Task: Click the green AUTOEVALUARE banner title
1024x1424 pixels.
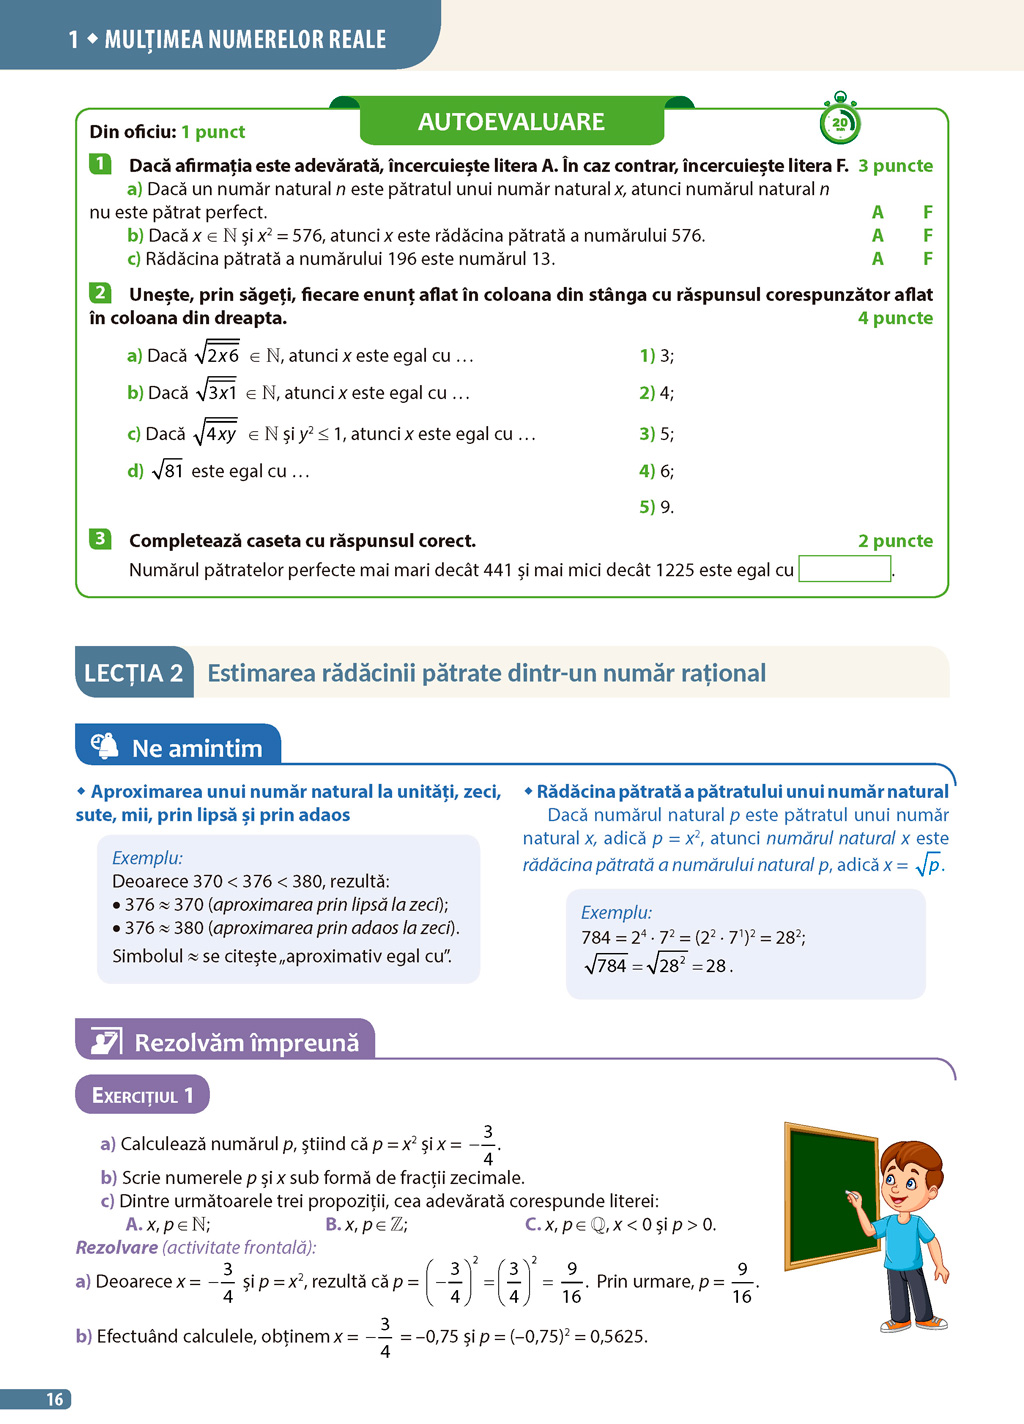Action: pos(511,122)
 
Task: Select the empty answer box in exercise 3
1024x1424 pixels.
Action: pos(845,569)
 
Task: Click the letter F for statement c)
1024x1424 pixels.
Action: pos(928,259)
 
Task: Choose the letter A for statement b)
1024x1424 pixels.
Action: pos(877,236)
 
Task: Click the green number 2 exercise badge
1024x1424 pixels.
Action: pos(100,293)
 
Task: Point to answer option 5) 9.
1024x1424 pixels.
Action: pos(656,507)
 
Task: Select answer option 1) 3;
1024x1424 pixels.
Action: pos(656,356)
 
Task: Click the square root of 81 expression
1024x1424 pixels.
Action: pos(168,470)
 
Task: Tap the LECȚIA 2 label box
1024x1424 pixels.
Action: pos(134,673)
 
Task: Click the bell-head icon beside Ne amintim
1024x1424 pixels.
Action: pos(105,746)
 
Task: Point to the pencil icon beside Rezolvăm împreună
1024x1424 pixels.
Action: pos(106,1042)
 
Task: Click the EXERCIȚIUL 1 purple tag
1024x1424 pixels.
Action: pos(142,1095)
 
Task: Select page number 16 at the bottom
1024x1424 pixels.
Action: pos(55,1399)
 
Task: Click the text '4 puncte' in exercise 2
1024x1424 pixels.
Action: pos(895,318)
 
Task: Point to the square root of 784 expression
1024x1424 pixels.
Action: pos(606,965)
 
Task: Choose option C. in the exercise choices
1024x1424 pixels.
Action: pos(533,1225)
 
